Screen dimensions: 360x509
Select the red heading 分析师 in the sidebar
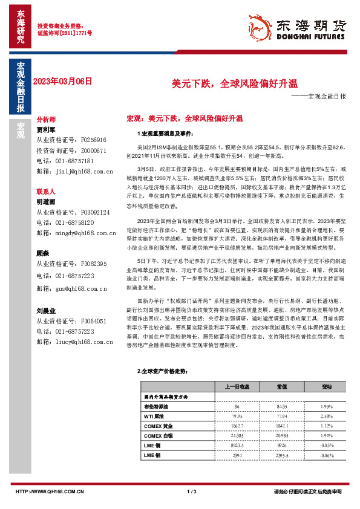point(46,120)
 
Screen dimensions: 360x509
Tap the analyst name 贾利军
point(46,129)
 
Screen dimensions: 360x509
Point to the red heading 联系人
point(46,190)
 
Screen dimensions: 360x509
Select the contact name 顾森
point(43,254)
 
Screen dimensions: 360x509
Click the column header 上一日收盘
point(237,386)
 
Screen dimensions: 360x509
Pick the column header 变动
point(327,386)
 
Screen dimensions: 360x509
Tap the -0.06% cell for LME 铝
point(327,455)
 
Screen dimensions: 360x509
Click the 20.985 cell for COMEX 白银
point(281,435)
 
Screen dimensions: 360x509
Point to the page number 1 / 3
point(192,491)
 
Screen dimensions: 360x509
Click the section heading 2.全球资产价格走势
point(164,371)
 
